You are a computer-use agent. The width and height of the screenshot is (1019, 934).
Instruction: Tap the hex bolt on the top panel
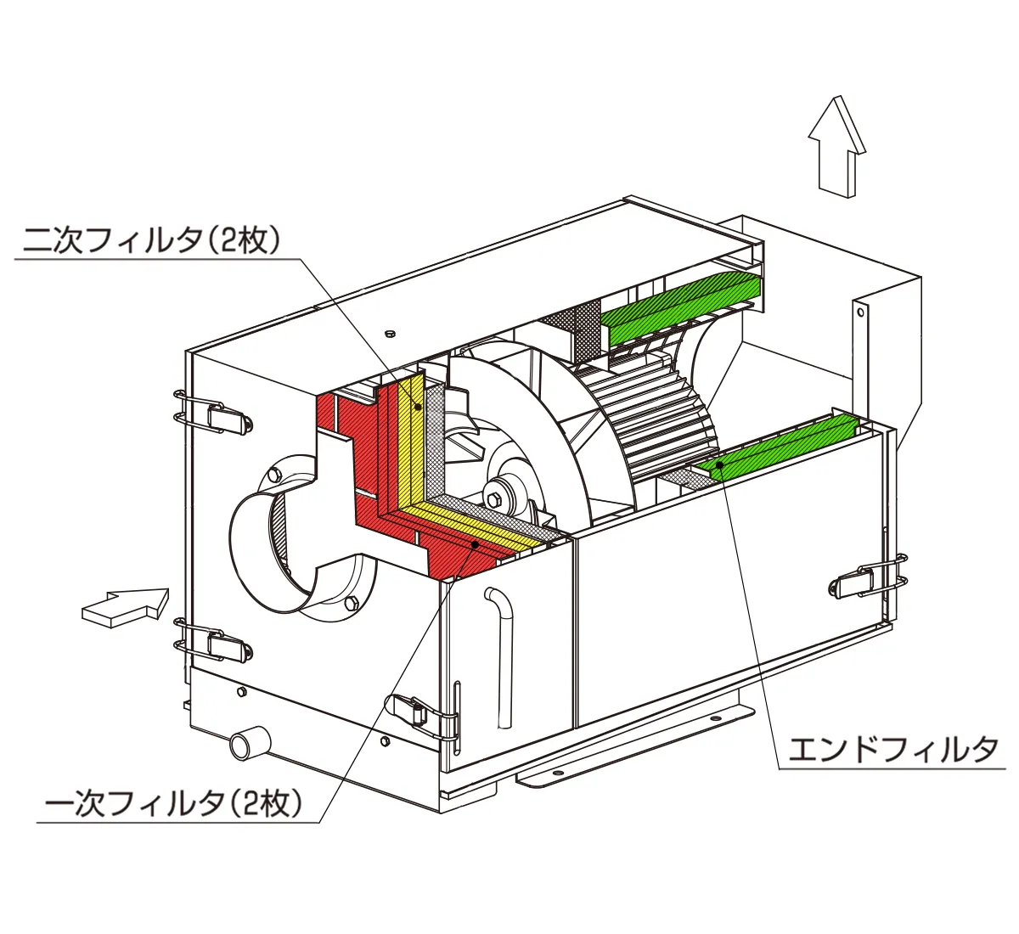(x=390, y=332)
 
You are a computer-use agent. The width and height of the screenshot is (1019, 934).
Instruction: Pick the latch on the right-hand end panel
(x=868, y=581)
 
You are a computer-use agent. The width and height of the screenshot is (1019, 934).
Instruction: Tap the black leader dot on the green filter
(x=718, y=464)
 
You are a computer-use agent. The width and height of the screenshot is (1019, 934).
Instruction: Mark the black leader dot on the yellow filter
(x=418, y=407)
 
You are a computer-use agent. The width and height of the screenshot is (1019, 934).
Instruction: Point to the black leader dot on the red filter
(x=476, y=543)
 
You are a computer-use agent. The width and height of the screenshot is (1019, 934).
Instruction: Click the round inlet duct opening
(x=272, y=543)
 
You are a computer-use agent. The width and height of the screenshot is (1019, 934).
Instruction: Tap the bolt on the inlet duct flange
(x=351, y=605)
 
